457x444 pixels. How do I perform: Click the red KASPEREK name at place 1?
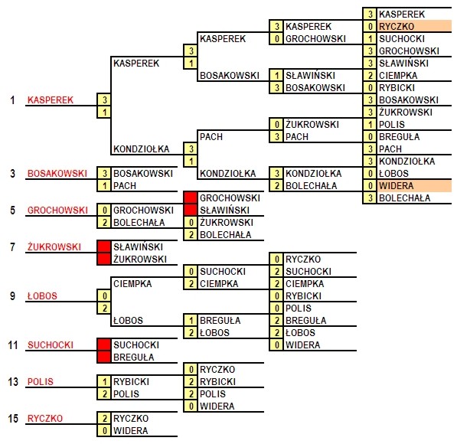51,100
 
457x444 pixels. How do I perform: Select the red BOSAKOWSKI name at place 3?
57,174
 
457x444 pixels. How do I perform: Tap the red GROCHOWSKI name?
57,211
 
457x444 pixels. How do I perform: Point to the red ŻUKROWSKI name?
54,247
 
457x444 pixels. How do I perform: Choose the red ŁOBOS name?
42,296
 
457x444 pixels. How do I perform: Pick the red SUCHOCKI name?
51,345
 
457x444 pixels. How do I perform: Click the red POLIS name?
41,382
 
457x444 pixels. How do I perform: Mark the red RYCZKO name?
45,418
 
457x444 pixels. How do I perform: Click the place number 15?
13,418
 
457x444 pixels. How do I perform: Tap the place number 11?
13,345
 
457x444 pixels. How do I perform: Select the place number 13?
13,382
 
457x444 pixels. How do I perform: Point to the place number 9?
12,296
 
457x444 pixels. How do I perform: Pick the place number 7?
12,247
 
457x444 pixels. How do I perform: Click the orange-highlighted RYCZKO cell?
414,26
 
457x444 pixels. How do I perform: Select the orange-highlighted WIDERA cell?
414,185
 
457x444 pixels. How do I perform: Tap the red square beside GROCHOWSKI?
191,198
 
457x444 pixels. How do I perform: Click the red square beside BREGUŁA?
104,357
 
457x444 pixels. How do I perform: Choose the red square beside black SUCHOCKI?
104,345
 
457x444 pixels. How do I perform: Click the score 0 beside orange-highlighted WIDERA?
370,185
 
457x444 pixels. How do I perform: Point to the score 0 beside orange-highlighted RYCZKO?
370,26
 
